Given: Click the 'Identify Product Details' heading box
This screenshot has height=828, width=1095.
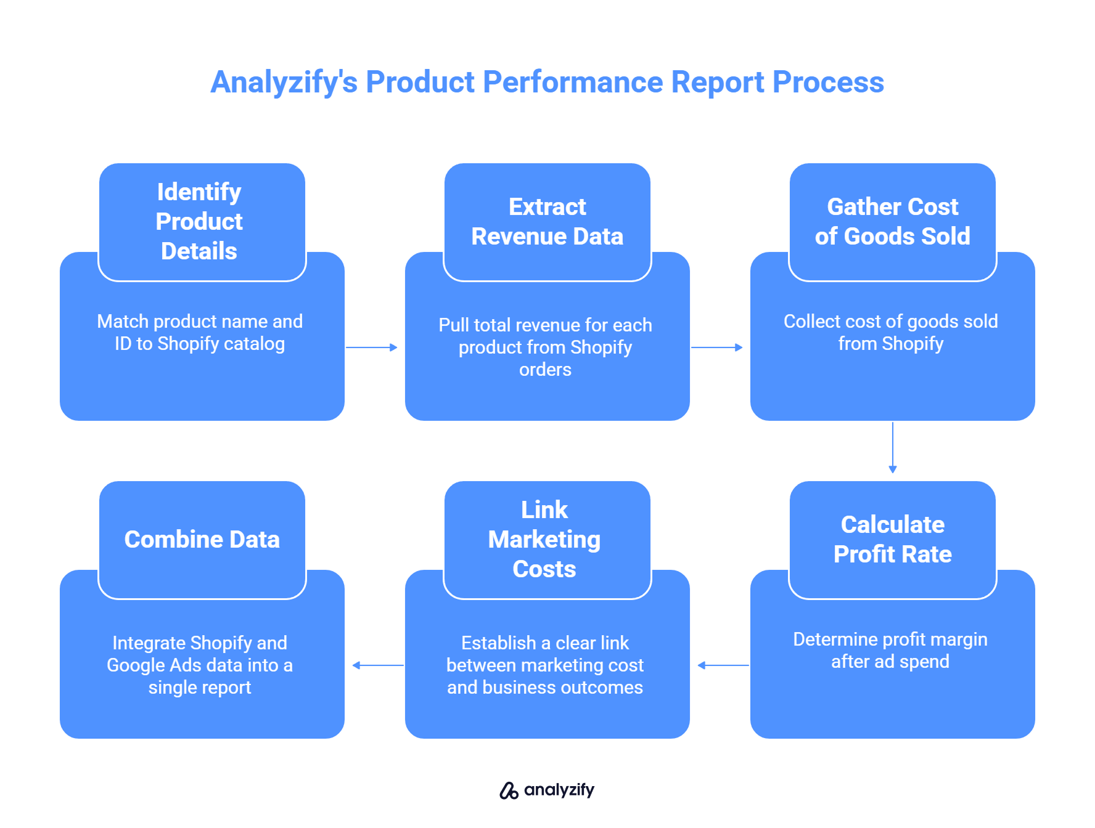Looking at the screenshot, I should [202, 222].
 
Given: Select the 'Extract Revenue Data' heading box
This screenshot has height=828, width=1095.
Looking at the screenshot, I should [547, 222].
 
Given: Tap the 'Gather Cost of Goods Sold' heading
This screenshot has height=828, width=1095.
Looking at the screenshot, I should [892, 222].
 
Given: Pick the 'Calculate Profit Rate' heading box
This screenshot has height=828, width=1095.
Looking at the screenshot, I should [892, 540].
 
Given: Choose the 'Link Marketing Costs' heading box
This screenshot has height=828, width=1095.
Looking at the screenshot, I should [547, 540].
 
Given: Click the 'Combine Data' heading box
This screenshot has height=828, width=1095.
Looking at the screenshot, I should [202, 540].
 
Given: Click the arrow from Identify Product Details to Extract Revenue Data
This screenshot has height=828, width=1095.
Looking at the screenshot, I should [372, 347].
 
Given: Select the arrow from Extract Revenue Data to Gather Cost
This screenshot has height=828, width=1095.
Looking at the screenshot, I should [717, 347].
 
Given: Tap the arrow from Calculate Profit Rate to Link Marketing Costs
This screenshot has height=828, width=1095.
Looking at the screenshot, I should [723, 665].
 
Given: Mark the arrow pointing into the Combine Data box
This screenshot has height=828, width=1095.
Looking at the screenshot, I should [377, 665].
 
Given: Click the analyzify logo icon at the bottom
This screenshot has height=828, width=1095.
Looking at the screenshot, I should [509, 790].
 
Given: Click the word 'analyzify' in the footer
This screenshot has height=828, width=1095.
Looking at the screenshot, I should [559, 790].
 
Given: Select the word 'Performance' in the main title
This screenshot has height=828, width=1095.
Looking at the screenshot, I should [572, 82].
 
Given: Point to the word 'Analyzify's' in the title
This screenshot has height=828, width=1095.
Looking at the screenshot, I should [284, 82].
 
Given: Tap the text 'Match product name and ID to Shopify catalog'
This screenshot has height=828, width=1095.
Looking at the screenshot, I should [200, 333].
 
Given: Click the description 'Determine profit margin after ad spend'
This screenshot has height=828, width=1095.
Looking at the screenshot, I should [890, 651].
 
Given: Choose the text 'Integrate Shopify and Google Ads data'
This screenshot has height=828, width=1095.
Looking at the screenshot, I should [200, 654].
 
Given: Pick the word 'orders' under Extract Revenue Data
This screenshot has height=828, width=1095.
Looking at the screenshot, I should [545, 370].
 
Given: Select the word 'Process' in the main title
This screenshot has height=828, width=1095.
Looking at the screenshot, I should [828, 82].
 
